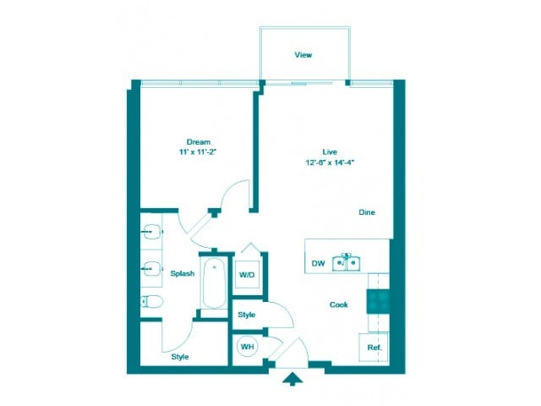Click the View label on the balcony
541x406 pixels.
tap(303, 55)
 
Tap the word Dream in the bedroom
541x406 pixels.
tap(198, 141)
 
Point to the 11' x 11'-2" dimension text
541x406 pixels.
tap(198, 152)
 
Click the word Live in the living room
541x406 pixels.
tap(330, 150)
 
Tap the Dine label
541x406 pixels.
tap(366, 212)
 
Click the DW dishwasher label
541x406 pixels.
tap(318, 264)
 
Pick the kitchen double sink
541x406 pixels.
tap(347, 262)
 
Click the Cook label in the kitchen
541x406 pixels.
tap(339, 304)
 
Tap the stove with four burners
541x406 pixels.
tap(377, 302)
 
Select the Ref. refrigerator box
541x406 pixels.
tap(374, 348)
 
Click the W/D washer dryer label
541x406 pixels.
tap(247, 275)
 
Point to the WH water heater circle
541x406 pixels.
tap(248, 347)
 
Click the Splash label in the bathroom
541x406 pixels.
tap(182, 273)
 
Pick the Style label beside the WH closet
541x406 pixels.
tap(247, 315)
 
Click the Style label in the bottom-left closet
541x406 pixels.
tap(180, 357)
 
